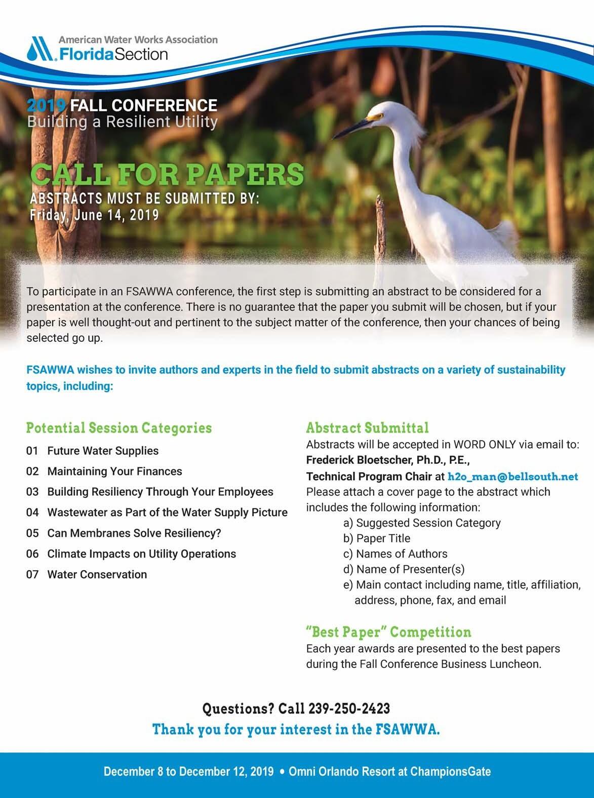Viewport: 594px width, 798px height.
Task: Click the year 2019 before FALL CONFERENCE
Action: click(47, 105)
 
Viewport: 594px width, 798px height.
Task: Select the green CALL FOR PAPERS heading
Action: click(167, 174)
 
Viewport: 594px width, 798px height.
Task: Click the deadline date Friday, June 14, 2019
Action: click(94, 215)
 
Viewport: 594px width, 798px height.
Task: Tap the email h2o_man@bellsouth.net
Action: click(513, 476)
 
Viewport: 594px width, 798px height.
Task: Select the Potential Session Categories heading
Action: click(119, 428)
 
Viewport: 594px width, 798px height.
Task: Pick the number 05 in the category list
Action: click(32, 533)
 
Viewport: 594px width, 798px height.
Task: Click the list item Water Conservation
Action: click(97, 574)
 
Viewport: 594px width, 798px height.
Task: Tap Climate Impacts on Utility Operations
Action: click(142, 554)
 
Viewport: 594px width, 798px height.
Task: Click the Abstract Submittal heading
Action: click(367, 428)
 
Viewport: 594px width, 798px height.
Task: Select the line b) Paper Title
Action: click(377, 538)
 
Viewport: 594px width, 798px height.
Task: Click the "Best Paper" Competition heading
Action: click(388, 632)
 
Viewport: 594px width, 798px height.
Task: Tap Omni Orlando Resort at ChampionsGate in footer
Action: click(389, 772)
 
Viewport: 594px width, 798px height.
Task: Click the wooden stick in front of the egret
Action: click(380, 228)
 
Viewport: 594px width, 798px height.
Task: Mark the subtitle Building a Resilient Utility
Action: click(123, 122)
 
